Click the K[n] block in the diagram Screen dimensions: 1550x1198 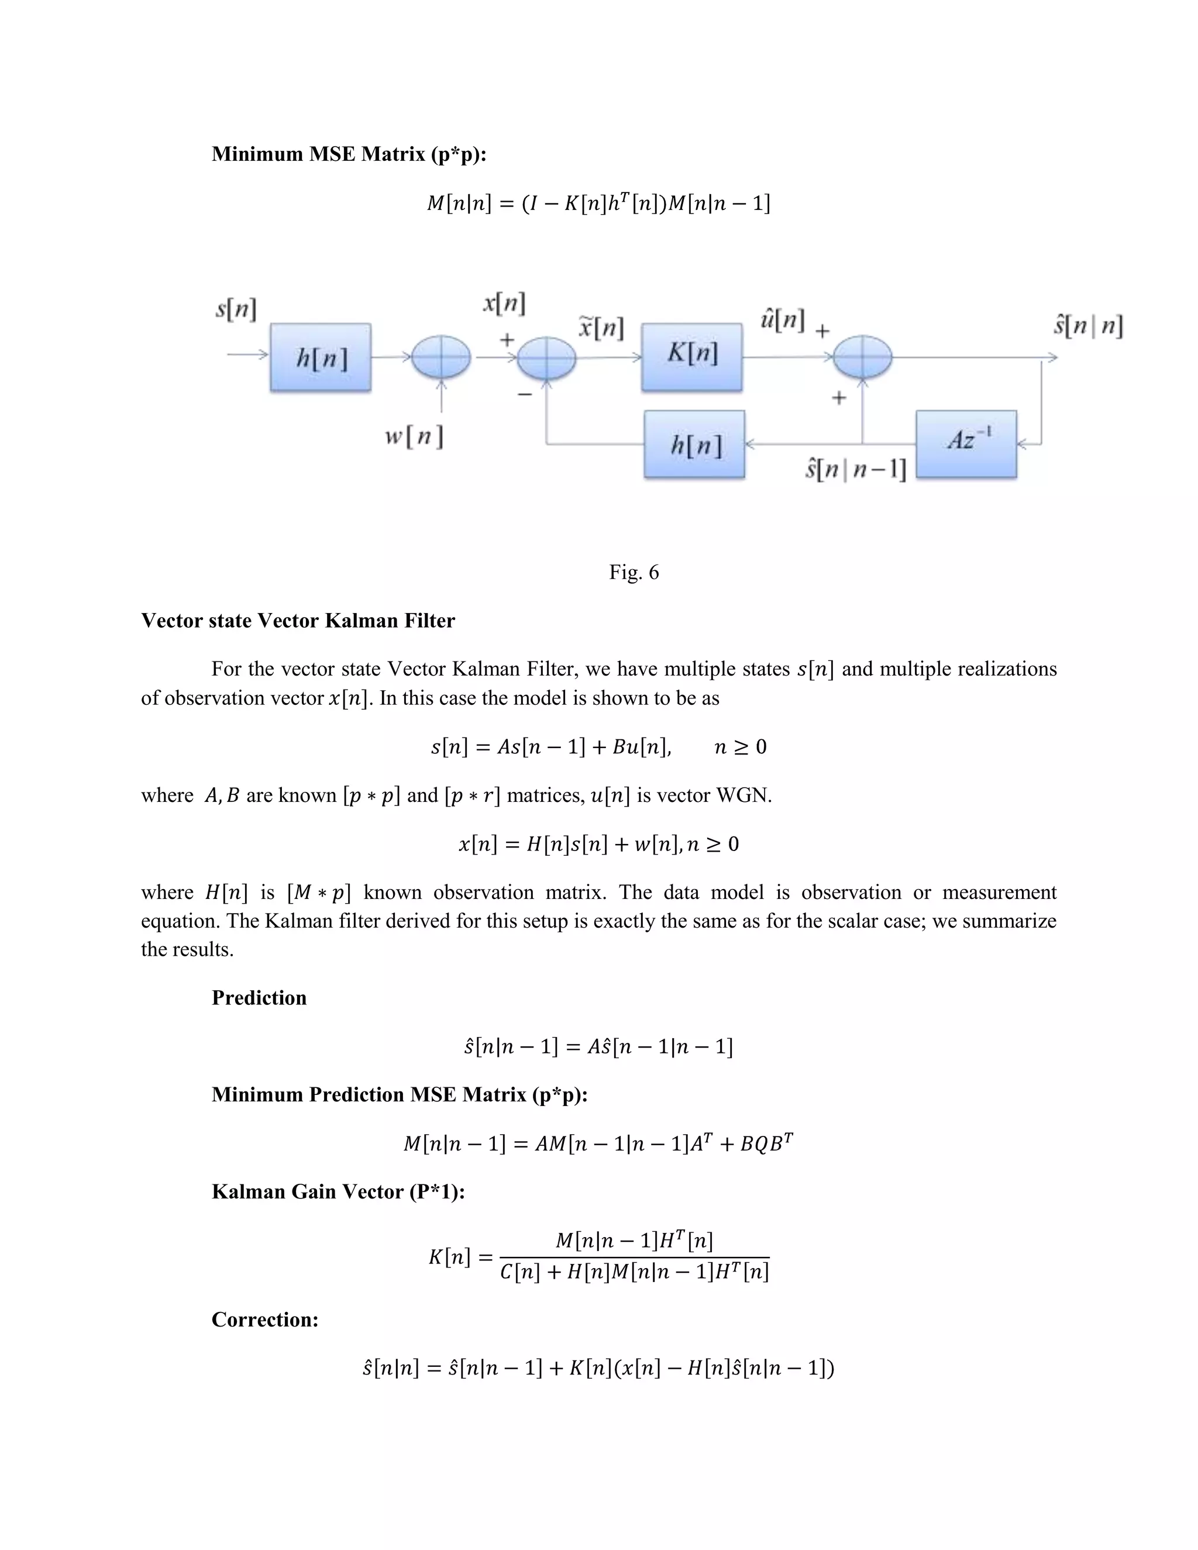click(691, 357)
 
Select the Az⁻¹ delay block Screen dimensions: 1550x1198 click(966, 443)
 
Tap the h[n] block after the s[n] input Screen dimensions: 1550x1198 click(320, 357)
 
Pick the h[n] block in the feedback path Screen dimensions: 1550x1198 click(694, 445)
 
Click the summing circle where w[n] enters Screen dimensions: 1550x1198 click(442, 357)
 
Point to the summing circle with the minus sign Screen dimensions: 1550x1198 click(546, 358)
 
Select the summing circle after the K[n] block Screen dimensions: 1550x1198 click(862, 357)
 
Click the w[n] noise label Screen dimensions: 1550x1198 click(415, 436)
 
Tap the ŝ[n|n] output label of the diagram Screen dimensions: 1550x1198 click(1087, 326)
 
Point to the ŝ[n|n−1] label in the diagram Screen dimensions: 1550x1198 click(856, 469)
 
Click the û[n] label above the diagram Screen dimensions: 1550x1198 click(782, 321)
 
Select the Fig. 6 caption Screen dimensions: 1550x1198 click(634, 572)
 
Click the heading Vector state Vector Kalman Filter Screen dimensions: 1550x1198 click(298, 621)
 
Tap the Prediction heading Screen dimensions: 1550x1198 click(259, 998)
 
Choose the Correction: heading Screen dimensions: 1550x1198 click(265, 1320)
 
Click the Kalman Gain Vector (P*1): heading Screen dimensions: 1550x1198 click(338, 1191)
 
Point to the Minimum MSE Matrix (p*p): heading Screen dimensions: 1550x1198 click(349, 154)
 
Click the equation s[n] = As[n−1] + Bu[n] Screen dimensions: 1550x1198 click(550, 746)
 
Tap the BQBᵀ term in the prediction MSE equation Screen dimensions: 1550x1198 click(766, 1143)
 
